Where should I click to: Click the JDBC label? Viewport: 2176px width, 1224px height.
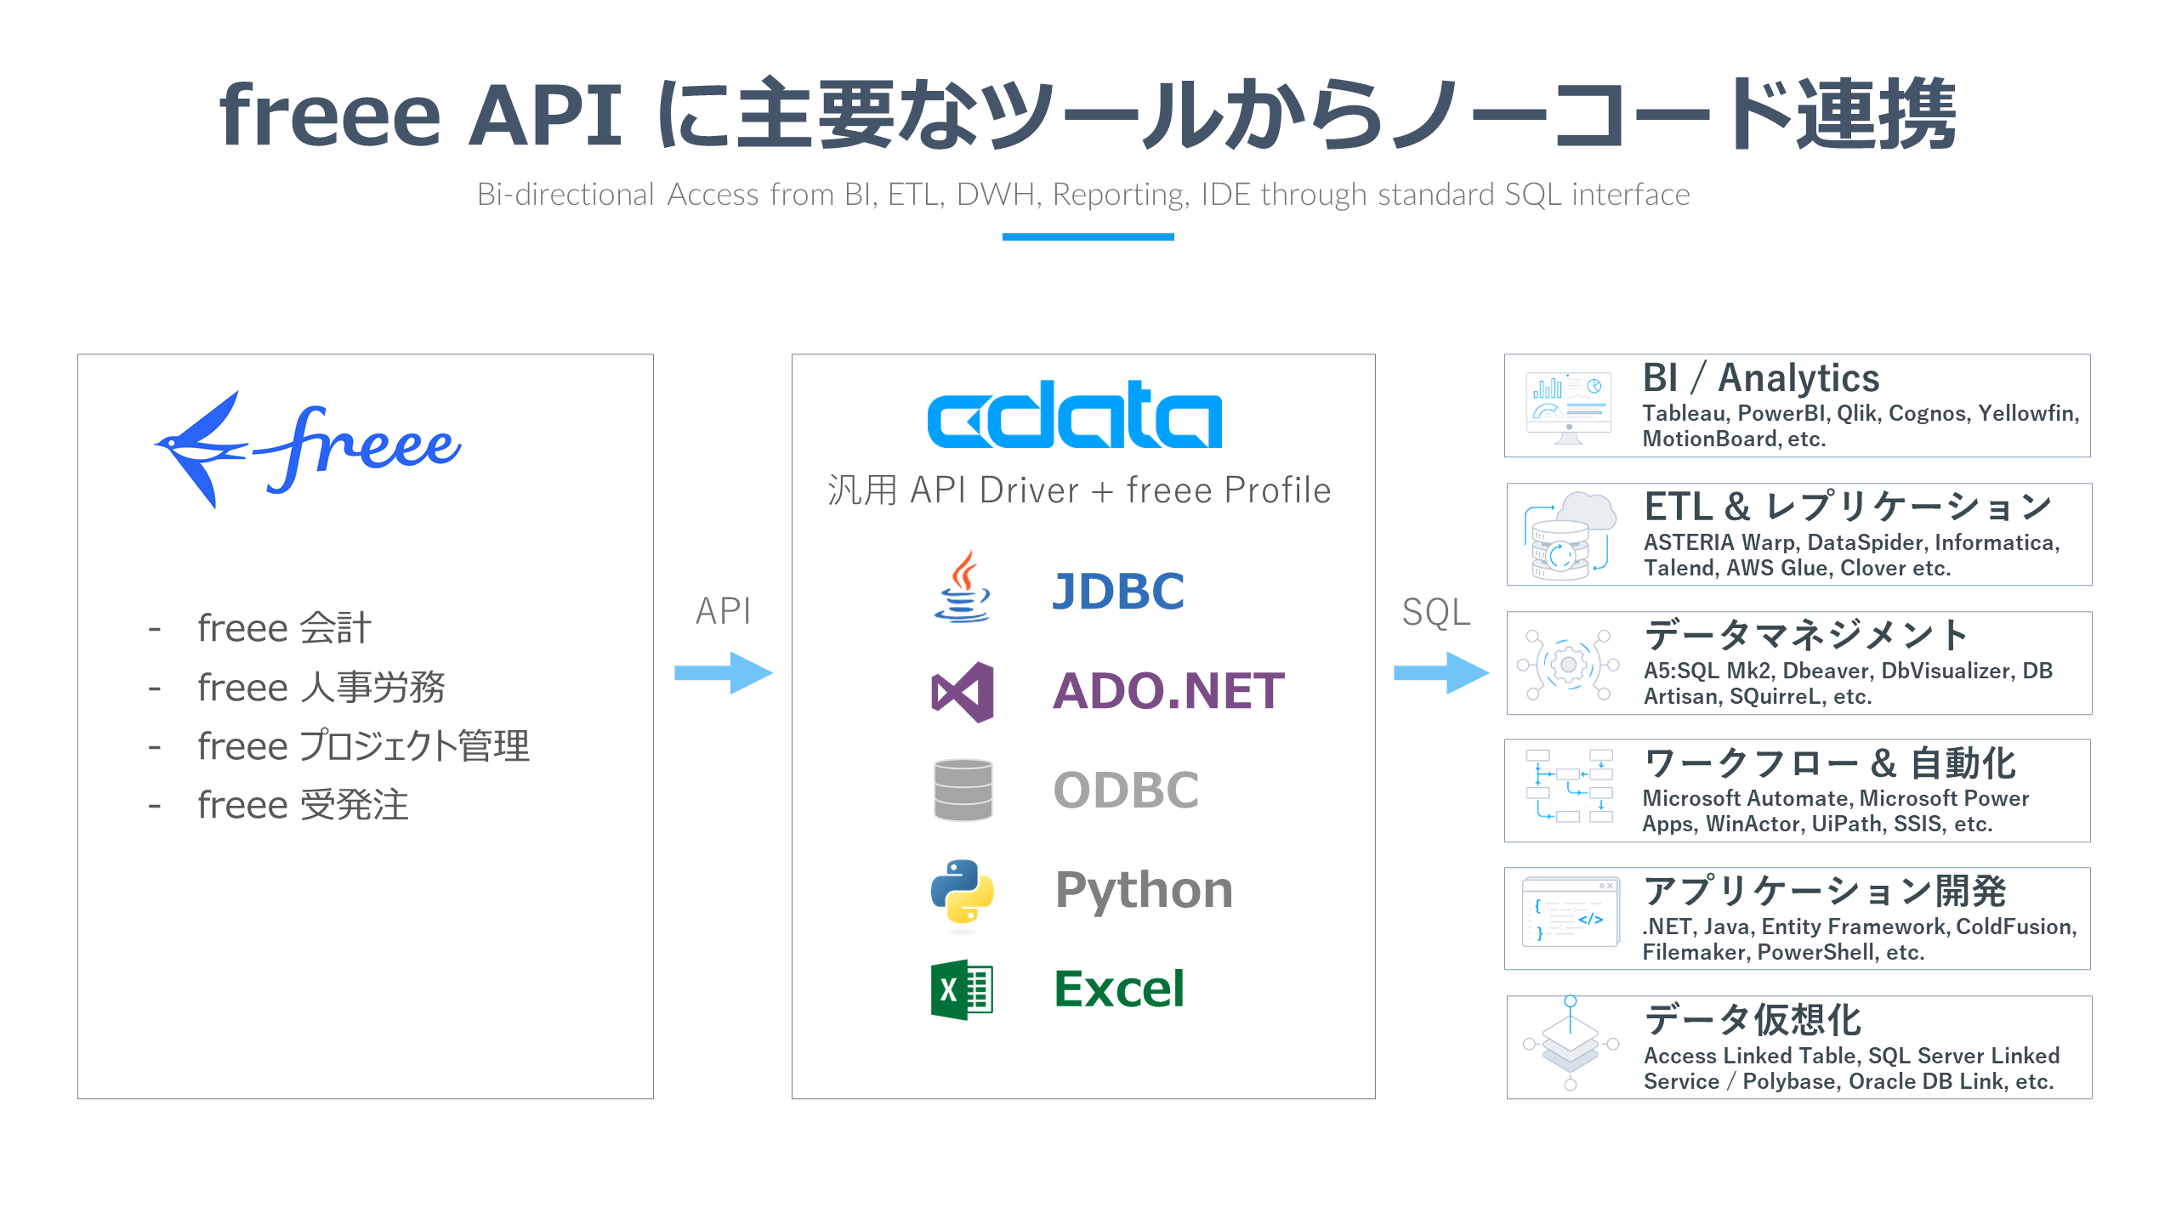tap(1117, 592)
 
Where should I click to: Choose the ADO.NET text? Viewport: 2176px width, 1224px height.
tap(1168, 690)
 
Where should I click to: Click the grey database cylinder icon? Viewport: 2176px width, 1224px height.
tap(963, 790)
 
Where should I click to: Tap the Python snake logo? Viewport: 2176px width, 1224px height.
tap(963, 891)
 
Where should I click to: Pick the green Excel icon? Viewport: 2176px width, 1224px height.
tap(962, 989)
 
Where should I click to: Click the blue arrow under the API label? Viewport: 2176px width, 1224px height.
tap(723, 673)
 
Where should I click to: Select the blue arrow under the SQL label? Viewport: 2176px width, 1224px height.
tap(1440, 673)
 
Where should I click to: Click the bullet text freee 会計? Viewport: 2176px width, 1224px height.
tap(284, 629)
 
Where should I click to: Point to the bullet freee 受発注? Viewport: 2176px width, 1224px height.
tap(303, 805)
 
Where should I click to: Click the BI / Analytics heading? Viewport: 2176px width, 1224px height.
tap(1760, 377)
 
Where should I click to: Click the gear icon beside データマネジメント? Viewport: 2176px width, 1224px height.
tap(1569, 665)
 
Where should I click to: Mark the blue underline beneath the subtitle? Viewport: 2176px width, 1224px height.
tap(1088, 237)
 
